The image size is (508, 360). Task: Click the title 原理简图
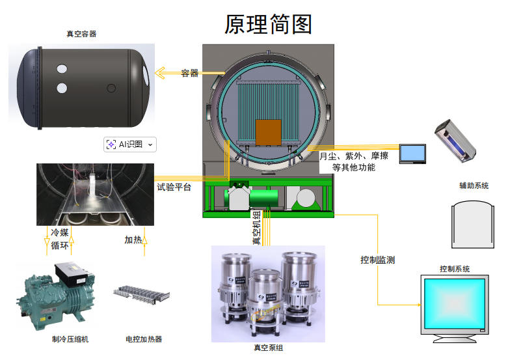(268, 24)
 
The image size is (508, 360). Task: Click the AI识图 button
(131, 145)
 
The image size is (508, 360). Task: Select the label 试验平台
(174, 187)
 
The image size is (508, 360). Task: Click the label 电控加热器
(144, 339)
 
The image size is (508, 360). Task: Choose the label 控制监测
(377, 260)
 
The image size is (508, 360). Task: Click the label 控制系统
(454, 268)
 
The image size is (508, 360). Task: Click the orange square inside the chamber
(268, 132)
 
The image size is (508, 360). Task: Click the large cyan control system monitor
(454, 305)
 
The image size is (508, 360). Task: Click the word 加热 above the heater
(133, 240)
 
